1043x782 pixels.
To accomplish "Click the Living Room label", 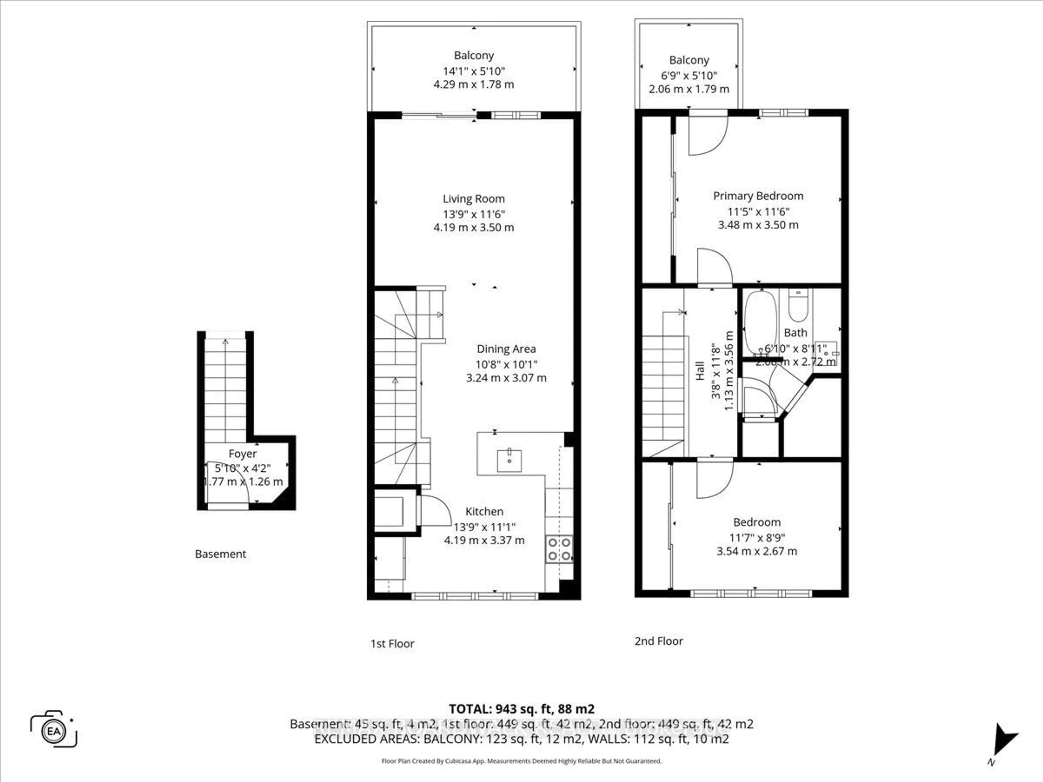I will click(x=473, y=199).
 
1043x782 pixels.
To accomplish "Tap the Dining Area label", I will click(x=506, y=349).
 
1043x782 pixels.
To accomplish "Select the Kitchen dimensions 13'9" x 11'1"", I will click(x=484, y=526).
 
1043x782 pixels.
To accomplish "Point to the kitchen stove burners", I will click(x=559, y=549).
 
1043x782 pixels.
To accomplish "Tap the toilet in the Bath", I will click(x=798, y=305).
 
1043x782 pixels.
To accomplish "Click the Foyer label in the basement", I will click(x=242, y=453).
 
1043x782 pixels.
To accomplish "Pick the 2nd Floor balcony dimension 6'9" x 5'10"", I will click(x=689, y=75).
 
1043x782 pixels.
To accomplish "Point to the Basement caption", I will click(x=220, y=554).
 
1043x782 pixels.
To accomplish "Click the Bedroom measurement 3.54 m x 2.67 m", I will click(x=756, y=551).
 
